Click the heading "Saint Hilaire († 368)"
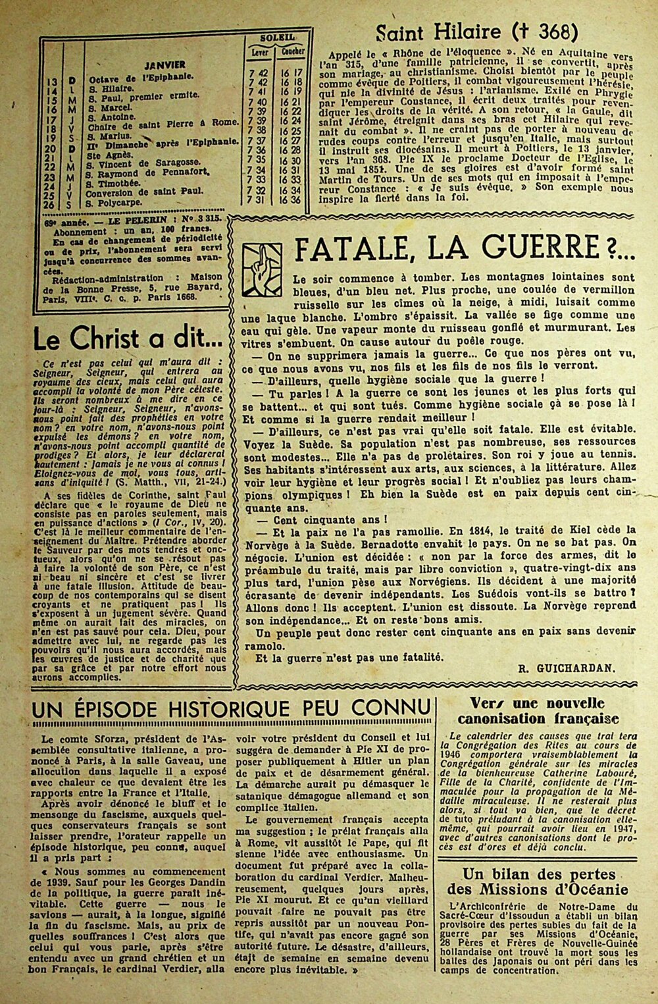click(476, 31)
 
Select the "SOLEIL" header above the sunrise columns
click(276, 38)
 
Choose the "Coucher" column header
click(293, 51)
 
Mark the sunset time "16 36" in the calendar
click(293, 200)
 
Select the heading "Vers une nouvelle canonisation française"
click(543, 711)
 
